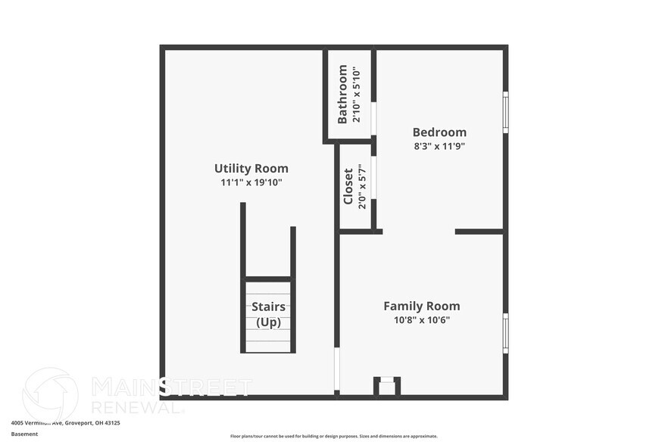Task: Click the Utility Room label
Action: (x=251, y=169)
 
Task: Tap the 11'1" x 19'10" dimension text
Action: (x=251, y=182)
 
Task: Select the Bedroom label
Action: (x=439, y=132)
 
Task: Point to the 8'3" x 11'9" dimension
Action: (x=439, y=146)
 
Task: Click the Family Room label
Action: (x=421, y=307)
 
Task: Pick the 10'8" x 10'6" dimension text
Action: (x=421, y=320)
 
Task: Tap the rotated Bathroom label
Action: (x=342, y=95)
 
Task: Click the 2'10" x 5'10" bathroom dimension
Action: (x=355, y=95)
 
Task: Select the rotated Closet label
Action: (x=348, y=186)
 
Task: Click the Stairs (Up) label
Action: (x=268, y=314)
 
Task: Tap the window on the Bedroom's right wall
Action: (x=505, y=112)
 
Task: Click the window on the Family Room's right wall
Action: (x=505, y=333)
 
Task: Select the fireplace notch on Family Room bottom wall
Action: (x=387, y=387)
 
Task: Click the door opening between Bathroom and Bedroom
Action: (x=373, y=118)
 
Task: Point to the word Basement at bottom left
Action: (x=24, y=434)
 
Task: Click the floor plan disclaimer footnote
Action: (x=333, y=436)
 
